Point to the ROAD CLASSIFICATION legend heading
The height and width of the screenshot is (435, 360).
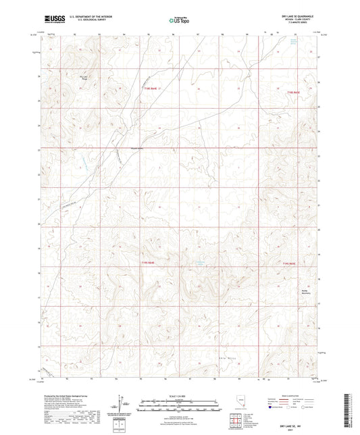286,397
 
